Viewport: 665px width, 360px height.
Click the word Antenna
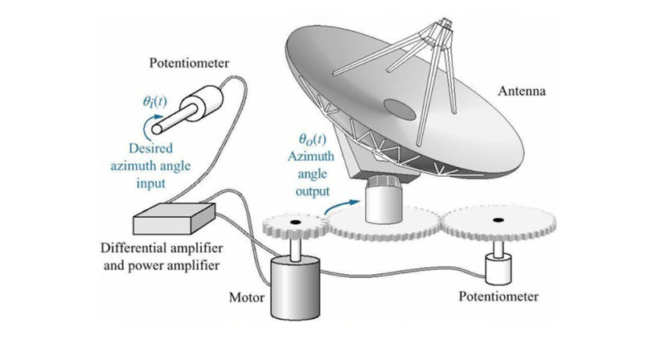(520, 92)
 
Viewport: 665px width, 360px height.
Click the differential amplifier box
(173, 215)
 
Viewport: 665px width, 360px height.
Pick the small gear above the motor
(294, 224)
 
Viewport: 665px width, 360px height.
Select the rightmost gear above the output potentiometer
(498, 221)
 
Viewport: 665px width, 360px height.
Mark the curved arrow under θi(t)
(146, 125)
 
